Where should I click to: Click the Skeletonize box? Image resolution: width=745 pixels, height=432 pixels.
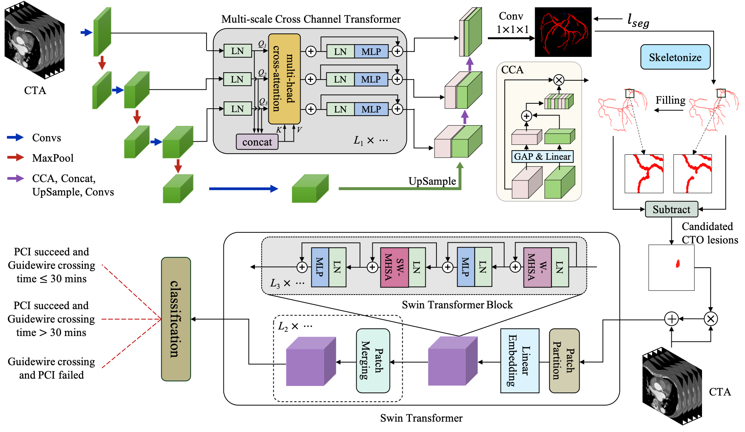pyautogui.click(x=675, y=57)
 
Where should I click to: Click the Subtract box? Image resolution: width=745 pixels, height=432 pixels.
pyautogui.click(x=671, y=209)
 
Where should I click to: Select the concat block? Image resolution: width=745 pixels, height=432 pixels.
pyautogui.click(x=257, y=142)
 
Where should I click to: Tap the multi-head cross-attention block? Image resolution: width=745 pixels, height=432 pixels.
pyautogui.click(x=284, y=79)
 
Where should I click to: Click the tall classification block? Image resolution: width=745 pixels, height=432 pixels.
pyautogui.click(x=176, y=319)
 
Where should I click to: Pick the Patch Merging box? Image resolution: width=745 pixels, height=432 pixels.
pyautogui.click(x=373, y=360)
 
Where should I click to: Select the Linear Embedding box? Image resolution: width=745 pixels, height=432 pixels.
pyautogui.click(x=519, y=360)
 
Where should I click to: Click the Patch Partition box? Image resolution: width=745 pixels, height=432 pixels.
pyautogui.click(x=564, y=360)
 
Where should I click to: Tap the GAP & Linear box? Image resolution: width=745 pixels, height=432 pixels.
pyautogui.click(x=542, y=157)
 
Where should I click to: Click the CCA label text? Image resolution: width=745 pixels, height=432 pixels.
pyautogui.click(x=512, y=70)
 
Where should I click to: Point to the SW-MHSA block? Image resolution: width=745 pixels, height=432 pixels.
pyautogui.click(x=394, y=267)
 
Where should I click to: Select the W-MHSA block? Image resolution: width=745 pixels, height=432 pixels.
pyautogui.click(x=537, y=267)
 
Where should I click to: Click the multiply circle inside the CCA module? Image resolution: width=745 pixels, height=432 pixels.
pyautogui.click(x=559, y=80)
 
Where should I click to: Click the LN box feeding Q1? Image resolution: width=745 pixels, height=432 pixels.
pyautogui.click(x=237, y=51)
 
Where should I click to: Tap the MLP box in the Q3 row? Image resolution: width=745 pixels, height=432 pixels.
pyautogui.click(x=371, y=109)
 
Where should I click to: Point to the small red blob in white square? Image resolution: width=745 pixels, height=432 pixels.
pyautogui.click(x=678, y=263)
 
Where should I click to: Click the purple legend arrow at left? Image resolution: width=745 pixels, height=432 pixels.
pyautogui.click(x=16, y=179)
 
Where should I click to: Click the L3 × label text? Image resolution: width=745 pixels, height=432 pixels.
pyautogui.click(x=280, y=283)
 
